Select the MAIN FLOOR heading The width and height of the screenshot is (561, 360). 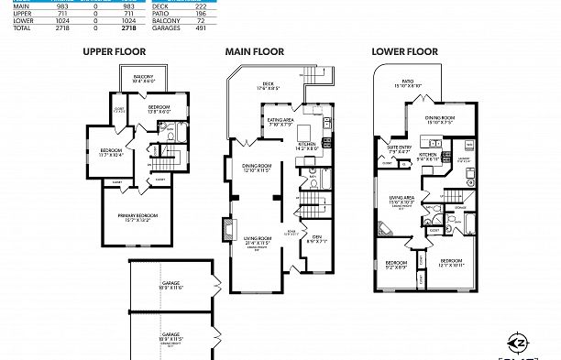(x=254, y=52)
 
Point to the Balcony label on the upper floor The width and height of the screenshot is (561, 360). (x=143, y=78)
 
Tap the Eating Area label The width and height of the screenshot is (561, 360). (x=280, y=120)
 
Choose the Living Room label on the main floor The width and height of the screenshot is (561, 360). (x=256, y=239)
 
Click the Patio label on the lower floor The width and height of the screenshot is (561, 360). (x=406, y=83)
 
